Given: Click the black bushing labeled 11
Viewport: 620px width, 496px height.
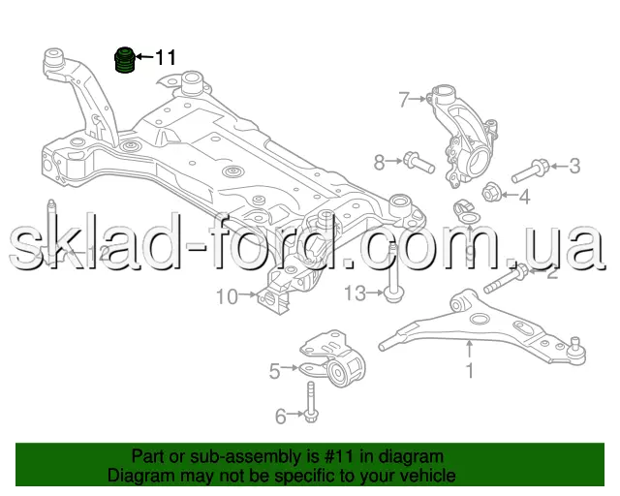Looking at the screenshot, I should coord(124,61).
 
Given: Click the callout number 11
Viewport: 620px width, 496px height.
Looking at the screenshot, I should coord(166,58).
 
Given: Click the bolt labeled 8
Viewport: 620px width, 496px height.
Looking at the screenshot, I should coord(414,159).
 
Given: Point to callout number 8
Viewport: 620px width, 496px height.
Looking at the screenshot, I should coord(380,161).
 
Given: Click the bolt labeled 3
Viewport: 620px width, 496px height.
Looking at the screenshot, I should coord(529,171).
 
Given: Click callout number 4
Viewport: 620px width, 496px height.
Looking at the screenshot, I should coord(525,199).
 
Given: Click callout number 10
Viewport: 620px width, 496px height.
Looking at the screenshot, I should coord(226,297).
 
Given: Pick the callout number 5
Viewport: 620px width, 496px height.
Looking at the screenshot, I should coord(274,370).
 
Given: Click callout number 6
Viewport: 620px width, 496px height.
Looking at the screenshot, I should coord(281,418).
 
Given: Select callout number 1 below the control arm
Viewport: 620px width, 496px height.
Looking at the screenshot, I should coord(471,370).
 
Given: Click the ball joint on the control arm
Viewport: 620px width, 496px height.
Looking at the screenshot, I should coord(576,348).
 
